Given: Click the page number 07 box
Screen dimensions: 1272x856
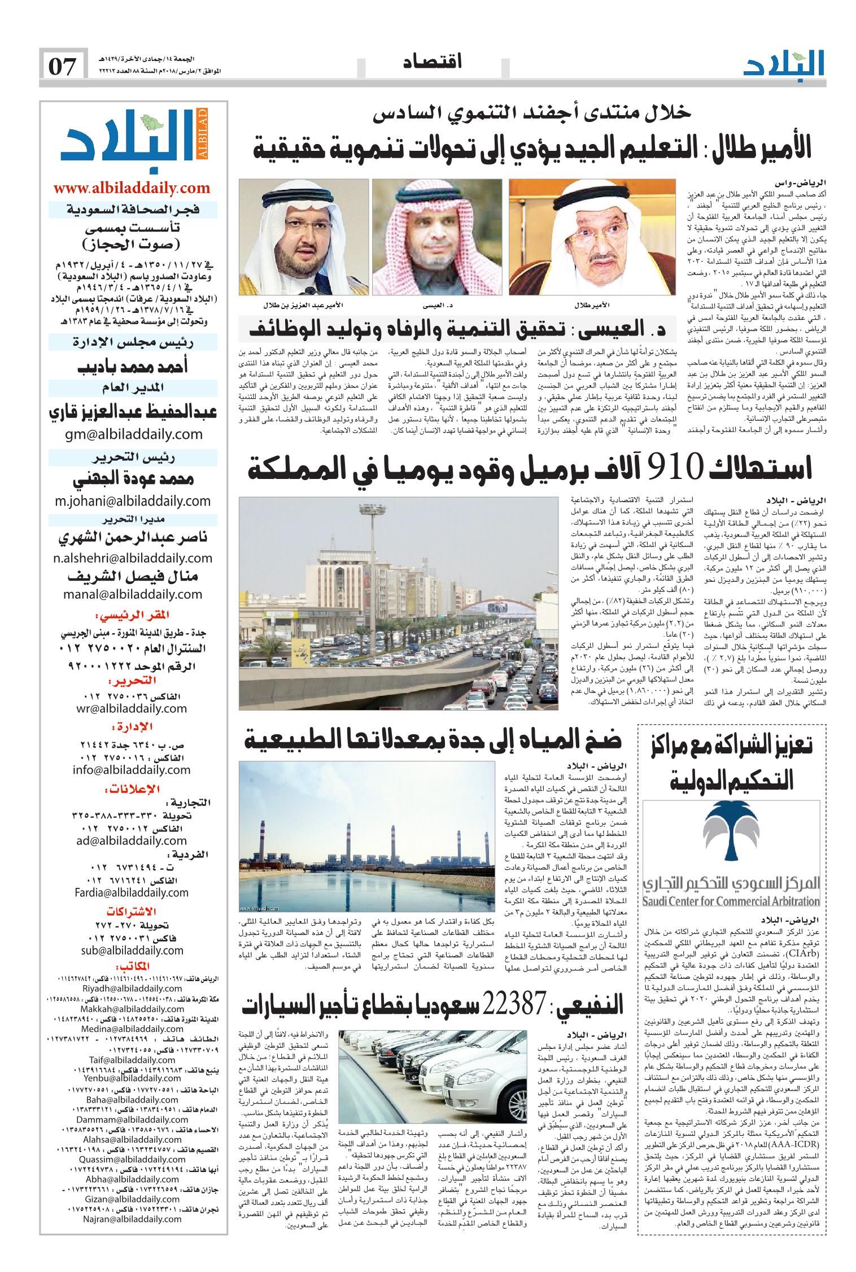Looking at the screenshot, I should click(x=63, y=67).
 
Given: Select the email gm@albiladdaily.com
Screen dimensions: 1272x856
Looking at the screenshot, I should click(x=133, y=434).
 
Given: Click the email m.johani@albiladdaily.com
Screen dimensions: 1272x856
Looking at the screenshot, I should click(x=133, y=500).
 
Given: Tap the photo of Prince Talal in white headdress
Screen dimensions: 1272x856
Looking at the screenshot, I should click(x=591, y=237).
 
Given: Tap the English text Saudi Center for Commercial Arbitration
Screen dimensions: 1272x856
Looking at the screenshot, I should click(x=731, y=901).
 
